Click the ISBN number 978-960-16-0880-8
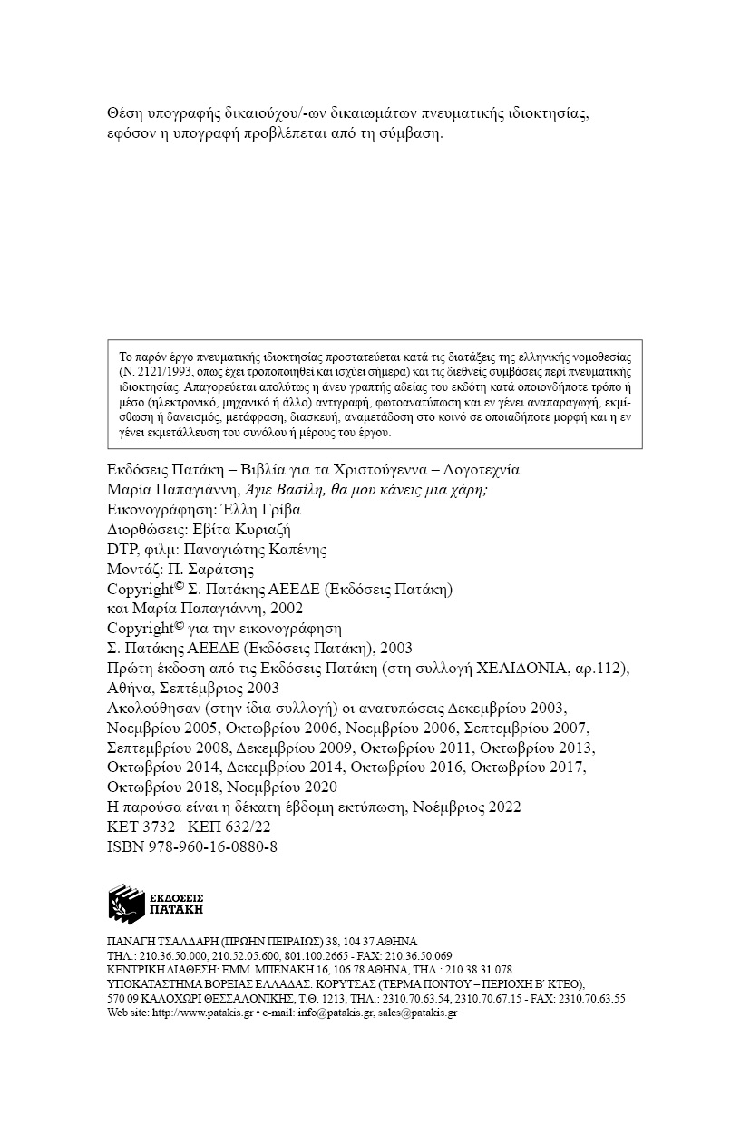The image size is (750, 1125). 192,846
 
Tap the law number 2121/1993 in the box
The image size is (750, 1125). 151,373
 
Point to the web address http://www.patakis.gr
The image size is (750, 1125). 202,1012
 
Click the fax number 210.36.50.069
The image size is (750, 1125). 420,956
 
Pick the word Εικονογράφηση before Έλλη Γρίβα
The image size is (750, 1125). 160,510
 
